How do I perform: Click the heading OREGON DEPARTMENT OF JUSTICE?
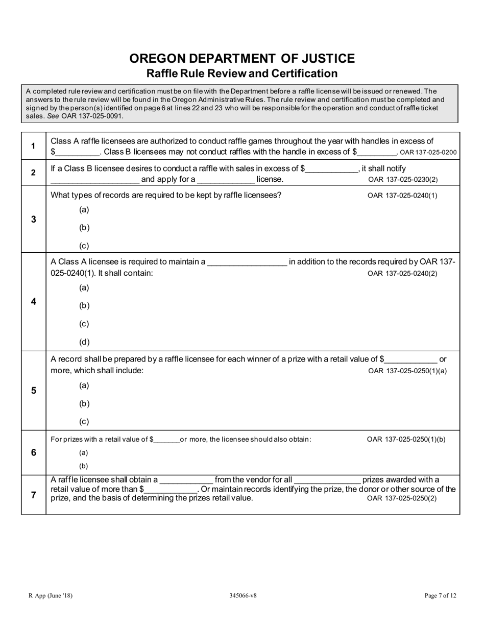242,58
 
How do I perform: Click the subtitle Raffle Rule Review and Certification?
242,74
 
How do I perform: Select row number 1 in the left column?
33,146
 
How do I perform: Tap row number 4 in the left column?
33,302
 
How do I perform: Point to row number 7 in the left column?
33,495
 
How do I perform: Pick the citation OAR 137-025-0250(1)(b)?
406,439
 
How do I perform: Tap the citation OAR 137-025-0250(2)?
402,498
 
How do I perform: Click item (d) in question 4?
84,342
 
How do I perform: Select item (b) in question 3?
84,228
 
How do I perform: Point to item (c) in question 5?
84,422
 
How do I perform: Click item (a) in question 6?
83,453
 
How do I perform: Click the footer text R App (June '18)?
47,595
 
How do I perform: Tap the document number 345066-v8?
243,595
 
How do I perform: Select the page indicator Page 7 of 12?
440,595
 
